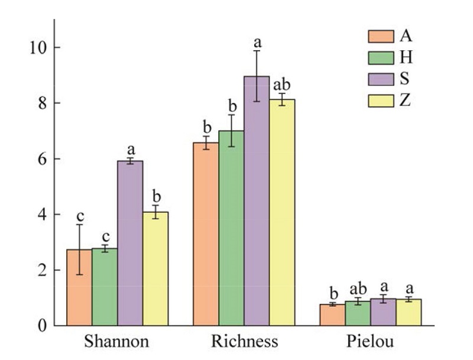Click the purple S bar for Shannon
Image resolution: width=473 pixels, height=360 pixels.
[130, 242]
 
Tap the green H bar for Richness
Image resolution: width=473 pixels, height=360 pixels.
[231, 228]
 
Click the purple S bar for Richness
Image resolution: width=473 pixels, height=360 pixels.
[257, 201]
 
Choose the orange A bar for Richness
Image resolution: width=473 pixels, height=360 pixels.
[206, 234]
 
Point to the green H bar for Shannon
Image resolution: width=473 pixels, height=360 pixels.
[105, 287]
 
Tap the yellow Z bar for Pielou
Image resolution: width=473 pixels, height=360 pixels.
[409, 313]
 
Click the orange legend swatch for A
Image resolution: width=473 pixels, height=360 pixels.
[381, 37]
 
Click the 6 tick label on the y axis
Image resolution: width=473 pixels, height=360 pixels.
[43, 159]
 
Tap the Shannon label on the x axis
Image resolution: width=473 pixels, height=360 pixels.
[116, 342]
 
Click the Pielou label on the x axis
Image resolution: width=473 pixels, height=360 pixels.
[370, 342]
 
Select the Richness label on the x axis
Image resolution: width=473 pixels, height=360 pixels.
[244, 342]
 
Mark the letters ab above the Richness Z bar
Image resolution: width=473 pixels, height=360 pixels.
[282, 85]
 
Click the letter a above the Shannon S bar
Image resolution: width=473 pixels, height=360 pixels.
[130, 148]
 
